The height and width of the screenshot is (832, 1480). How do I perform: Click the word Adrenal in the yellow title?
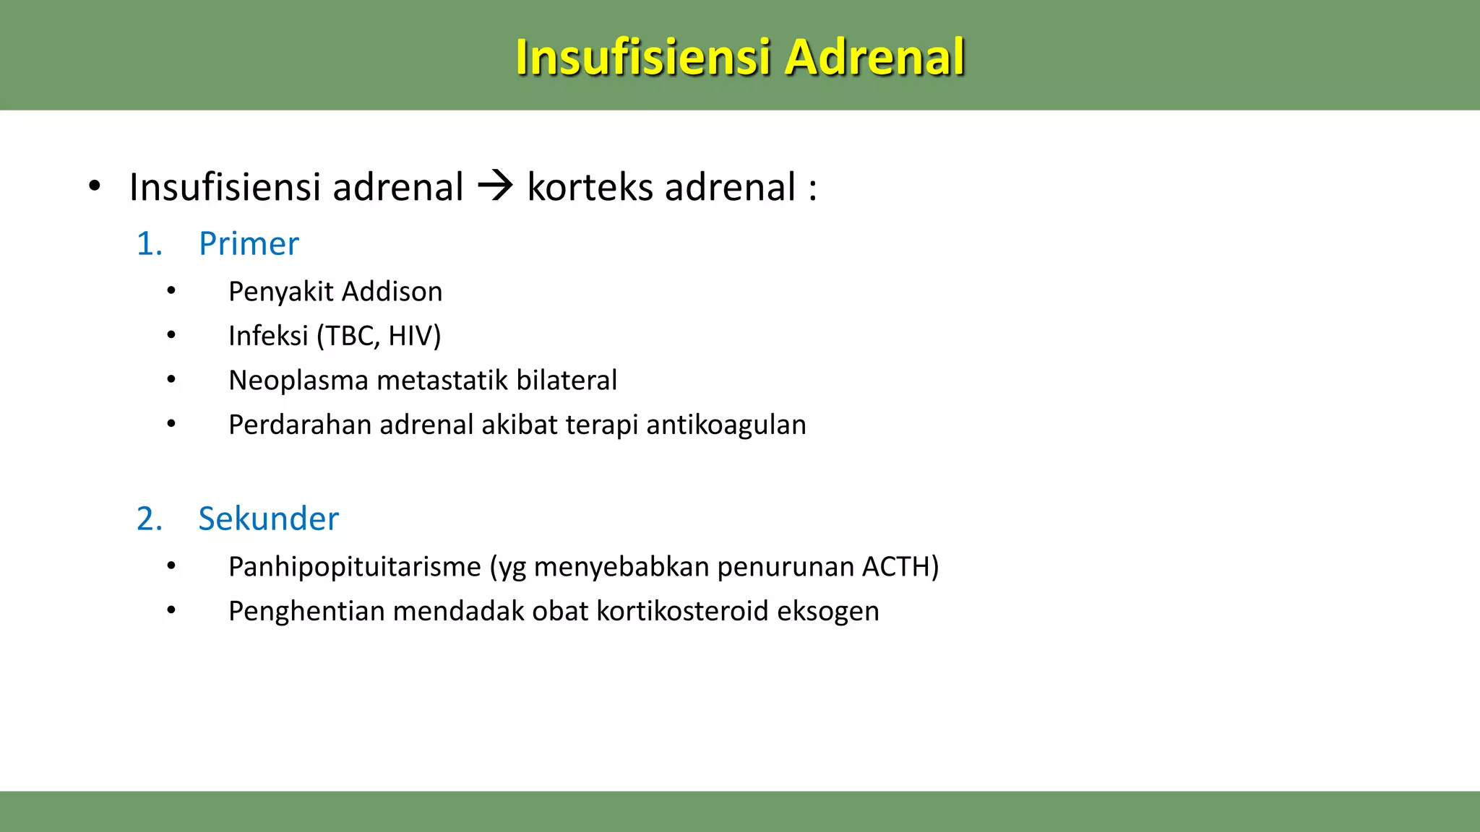tap(874, 57)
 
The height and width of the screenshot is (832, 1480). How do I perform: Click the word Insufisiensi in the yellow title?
tap(642, 57)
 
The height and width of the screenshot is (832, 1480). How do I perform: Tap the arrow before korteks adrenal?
tap(495, 186)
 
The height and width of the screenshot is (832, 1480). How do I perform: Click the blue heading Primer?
tap(249, 244)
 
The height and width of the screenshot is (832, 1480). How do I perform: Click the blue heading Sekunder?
tap(268, 519)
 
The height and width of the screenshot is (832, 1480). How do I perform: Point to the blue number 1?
tap(148, 244)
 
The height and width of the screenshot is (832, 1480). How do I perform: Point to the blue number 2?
tap(148, 519)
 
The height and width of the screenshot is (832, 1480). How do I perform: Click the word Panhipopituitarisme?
tap(354, 567)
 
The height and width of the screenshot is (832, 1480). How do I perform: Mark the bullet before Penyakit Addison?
tap(171, 291)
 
